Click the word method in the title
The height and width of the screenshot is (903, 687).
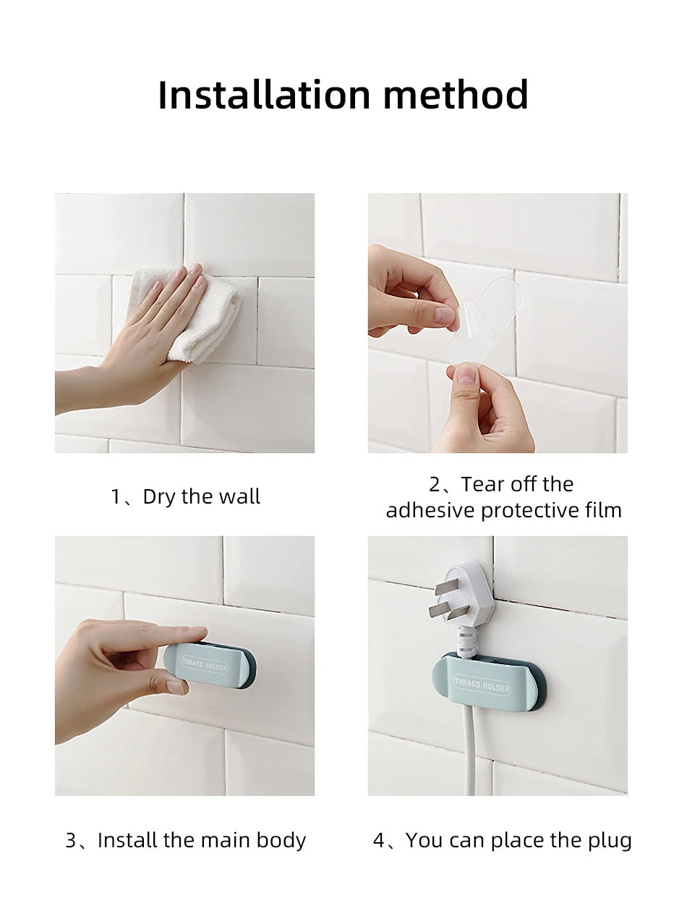pyautogui.click(x=456, y=95)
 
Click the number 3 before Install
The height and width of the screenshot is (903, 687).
pyautogui.click(x=71, y=841)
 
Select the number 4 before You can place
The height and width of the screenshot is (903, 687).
pyautogui.click(x=379, y=841)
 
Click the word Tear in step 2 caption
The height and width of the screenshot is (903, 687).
pyautogui.click(x=481, y=484)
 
